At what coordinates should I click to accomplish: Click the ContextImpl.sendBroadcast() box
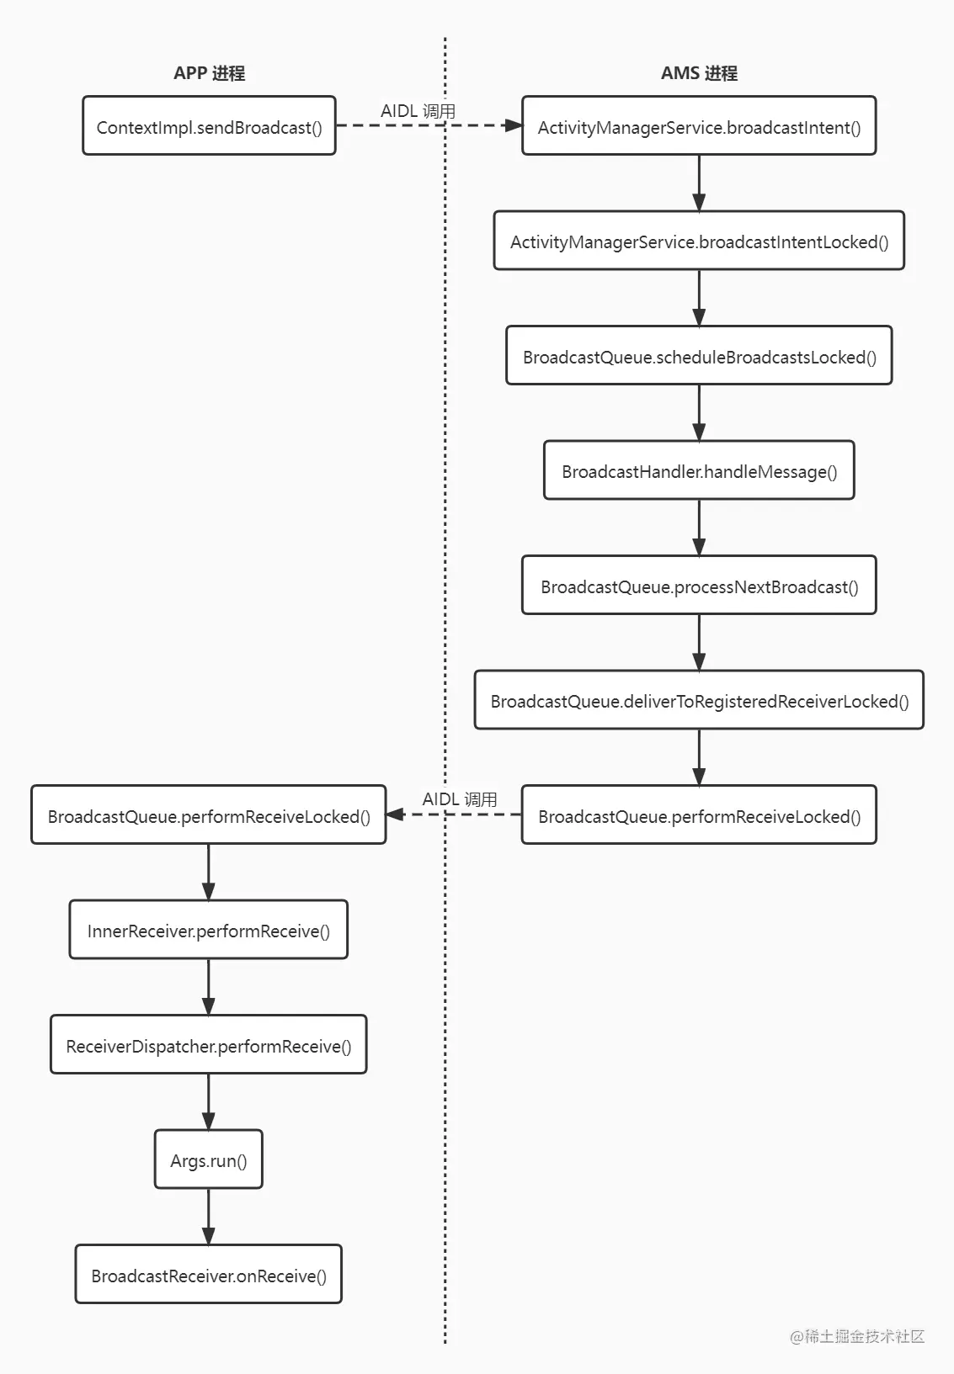pos(210,125)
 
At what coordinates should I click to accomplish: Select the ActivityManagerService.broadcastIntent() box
pos(699,125)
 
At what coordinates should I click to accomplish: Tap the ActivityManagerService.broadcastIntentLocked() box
pos(699,241)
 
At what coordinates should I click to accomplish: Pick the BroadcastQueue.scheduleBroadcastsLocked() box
pos(699,355)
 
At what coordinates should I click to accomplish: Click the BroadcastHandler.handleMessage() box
pos(699,469)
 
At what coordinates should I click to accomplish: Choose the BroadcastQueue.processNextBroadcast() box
pos(699,585)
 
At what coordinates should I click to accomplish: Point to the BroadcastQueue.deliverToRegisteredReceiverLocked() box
pos(699,700)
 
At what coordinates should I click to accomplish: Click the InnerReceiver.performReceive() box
pos(209,929)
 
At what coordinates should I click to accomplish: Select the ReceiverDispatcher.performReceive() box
pos(209,1044)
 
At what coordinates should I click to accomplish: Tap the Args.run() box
pos(209,1159)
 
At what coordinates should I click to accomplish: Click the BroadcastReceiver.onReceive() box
pos(209,1274)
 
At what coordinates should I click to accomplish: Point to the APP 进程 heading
pos(210,73)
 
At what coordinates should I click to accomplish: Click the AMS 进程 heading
pos(699,73)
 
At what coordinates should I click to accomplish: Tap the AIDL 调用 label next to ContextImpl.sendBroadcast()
pos(418,111)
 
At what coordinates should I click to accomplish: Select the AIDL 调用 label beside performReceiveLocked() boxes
pos(460,799)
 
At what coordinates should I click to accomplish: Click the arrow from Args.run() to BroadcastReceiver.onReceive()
pos(209,1217)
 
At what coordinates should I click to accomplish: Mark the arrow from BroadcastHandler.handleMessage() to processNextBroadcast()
pos(699,528)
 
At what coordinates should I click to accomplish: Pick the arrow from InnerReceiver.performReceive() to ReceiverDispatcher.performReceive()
pos(209,986)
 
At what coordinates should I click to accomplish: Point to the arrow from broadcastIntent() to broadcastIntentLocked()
pos(699,183)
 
